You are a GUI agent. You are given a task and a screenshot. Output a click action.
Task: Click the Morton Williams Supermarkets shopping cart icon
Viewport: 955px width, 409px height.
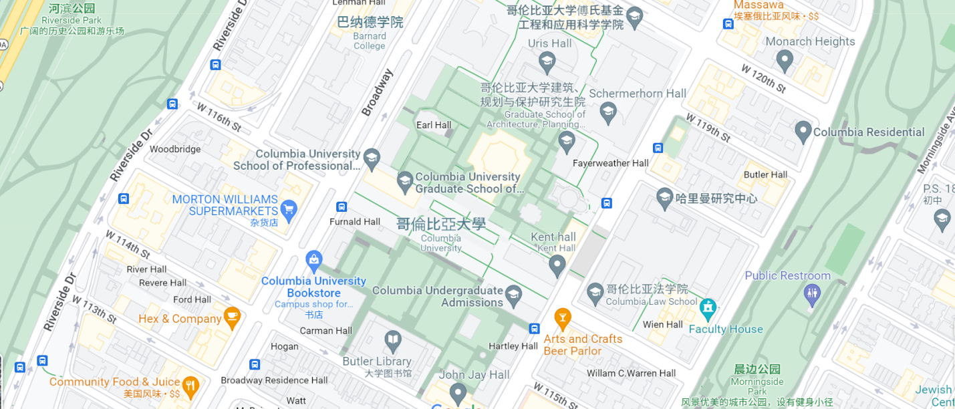[x=289, y=209]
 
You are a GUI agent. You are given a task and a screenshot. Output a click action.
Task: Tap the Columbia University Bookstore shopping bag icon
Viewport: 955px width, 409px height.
[x=313, y=259]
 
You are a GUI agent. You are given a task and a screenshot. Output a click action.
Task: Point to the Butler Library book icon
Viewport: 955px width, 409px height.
[x=393, y=341]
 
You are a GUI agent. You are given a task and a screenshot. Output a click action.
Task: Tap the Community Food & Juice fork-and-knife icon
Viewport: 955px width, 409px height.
[x=190, y=384]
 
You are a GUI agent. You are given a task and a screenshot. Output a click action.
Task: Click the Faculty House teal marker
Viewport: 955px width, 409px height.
[x=708, y=309]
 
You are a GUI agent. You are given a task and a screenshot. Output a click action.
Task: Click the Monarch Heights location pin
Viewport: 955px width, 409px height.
[x=785, y=60]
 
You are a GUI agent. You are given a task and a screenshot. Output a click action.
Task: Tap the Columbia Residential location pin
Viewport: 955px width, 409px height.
[x=803, y=131]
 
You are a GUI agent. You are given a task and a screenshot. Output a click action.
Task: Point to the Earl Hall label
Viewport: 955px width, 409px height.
[x=434, y=125]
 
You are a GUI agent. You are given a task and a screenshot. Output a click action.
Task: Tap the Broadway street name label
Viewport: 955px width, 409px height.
[x=378, y=92]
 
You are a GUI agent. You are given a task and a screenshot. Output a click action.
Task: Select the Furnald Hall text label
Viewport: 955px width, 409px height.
[x=355, y=222]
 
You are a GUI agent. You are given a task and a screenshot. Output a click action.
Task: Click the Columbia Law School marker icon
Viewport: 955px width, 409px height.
[x=595, y=292]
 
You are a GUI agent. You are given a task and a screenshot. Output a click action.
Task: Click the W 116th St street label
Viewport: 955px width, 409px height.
[x=218, y=116]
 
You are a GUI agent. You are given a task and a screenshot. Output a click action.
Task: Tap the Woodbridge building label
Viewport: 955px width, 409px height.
[x=175, y=149]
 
